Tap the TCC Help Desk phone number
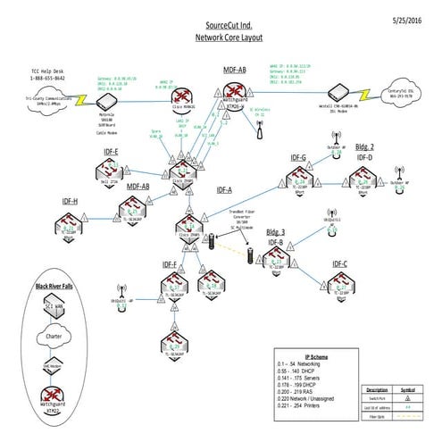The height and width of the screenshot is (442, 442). (x=47, y=79)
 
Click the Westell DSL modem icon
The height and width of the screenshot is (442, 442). (x=337, y=94)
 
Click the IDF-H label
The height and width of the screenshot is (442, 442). (x=45, y=202)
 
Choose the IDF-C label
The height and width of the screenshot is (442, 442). (x=339, y=264)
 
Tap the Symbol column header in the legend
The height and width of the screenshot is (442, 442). (x=412, y=389)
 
